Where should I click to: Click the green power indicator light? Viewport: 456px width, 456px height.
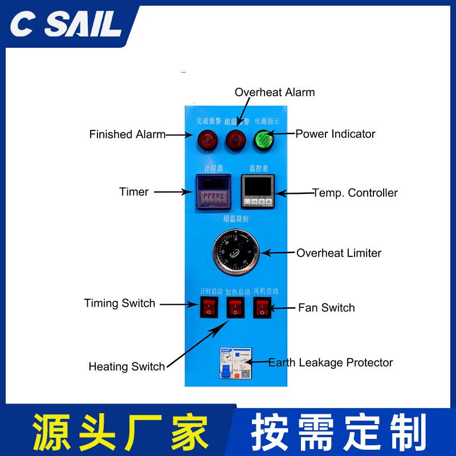[263, 138]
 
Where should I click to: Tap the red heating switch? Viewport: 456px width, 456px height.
[234, 308]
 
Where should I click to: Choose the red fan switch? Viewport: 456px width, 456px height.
[262, 308]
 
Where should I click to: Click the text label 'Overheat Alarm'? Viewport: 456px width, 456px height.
[275, 92]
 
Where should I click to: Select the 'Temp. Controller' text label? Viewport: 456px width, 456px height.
[355, 193]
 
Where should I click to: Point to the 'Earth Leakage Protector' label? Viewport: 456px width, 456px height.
[331, 363]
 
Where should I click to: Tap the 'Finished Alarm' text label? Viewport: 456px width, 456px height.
[127, 135]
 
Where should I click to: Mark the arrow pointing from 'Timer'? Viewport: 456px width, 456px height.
[174, 192]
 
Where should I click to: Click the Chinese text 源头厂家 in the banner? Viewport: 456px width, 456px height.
[120, 431]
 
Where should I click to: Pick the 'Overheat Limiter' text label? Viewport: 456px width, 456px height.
[339, 253]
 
